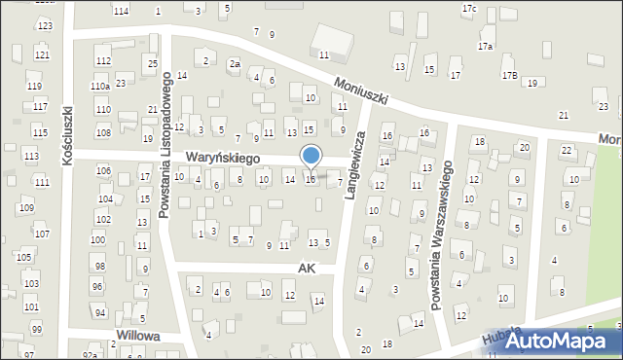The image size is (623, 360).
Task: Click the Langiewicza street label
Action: click(356, 165)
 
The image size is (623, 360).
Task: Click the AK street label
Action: click(308, 267)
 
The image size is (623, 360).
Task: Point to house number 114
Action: click(121, 11)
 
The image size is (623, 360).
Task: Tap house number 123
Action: click(44, 25)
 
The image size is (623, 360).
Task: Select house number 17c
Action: click(469, 9)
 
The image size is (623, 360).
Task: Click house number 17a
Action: click(485, 46)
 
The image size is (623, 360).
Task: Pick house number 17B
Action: click(508, 75)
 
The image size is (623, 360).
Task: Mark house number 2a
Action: click(235, 64)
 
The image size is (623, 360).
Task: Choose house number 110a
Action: click(99, 87)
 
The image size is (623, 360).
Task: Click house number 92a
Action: click(90, 355)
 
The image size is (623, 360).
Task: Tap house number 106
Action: click(104, 171)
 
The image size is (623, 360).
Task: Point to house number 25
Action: click(152, 63)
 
